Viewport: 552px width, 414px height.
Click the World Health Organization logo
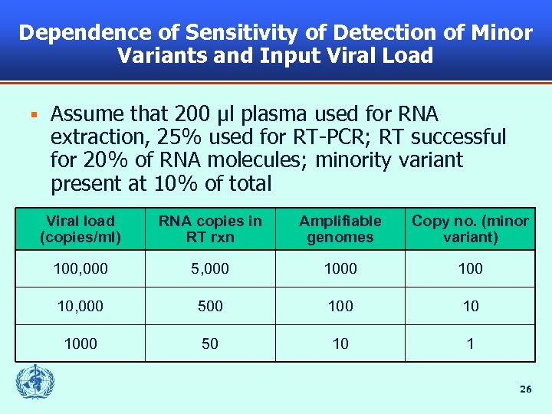(33, 381)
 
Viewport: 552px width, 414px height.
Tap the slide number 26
(525, 389)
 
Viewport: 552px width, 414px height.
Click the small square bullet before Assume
(33, 115)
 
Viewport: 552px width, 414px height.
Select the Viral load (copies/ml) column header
(80, 228)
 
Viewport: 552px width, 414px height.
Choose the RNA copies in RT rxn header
(210, 228)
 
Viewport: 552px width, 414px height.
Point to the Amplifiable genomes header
(340, 228)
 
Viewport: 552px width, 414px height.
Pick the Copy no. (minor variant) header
(470, 228)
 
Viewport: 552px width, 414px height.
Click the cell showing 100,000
(80, 268)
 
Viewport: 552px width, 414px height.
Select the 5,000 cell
(210, 268)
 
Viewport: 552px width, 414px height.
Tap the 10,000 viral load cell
(80, 306)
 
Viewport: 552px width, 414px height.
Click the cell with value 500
(210, 306)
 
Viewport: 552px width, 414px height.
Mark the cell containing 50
(210, 343)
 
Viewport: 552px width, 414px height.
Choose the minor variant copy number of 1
(470, 343)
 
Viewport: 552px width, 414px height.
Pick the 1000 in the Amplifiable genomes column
(340, 268)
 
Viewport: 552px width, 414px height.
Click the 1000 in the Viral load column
(80, 343)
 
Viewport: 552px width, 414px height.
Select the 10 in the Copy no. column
(470, 306)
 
